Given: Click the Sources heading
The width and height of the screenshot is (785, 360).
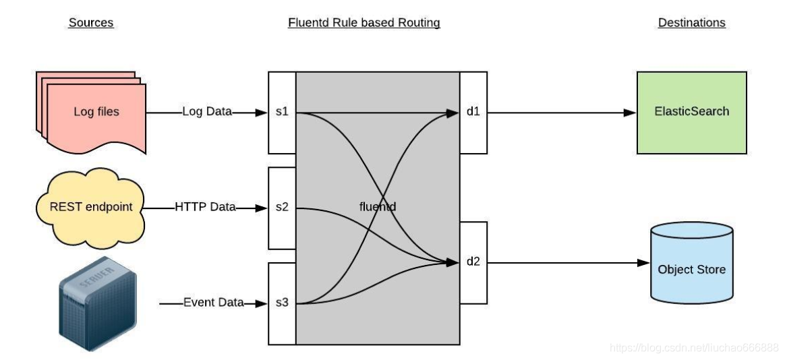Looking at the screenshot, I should click(91, 23).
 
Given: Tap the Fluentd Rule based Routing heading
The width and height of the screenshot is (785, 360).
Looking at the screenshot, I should click(364, 23).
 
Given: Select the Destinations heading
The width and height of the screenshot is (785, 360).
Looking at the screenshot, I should click(691, 23).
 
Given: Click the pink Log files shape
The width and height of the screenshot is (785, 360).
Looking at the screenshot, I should click(94, 111).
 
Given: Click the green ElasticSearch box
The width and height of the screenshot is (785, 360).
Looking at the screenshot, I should click(691, 112).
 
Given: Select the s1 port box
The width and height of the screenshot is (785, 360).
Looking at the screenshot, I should click(282, 112).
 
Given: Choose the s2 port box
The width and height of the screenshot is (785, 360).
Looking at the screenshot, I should click(282, 208).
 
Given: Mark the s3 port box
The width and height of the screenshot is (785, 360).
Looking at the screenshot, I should click(282, 303).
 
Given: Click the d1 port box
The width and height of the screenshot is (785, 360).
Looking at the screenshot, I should click(473, 112).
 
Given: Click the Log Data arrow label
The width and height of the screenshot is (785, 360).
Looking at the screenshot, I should click(207, 112).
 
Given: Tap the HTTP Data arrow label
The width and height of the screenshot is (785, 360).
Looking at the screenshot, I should click(205, 207).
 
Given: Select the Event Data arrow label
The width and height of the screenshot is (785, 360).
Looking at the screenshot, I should click(213, 303).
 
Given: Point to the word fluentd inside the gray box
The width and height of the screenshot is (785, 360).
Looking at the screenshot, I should click(377, 207).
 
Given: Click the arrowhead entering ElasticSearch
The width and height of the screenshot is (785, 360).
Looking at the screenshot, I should click(631, 113).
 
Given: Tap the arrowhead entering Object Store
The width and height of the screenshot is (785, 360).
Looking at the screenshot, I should click(643, 263).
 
